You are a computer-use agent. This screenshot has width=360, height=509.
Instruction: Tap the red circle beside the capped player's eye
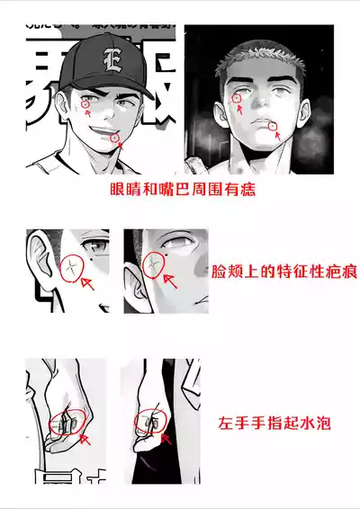pyautogui.click(x=86, y=104)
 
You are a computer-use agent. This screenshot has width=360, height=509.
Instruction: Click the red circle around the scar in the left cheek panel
pyautogui.click(x=68, y=268)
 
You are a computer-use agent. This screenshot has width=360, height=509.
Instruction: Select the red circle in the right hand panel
pyautogui.click(x=149, y=421)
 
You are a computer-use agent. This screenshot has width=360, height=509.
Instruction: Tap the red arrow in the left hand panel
pyautogui.click(x=84, y=438)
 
